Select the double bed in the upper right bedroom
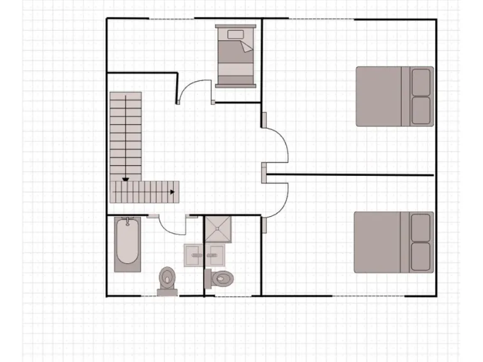point(394,96)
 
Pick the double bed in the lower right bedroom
point(393,242)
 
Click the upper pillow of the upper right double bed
point(421,82)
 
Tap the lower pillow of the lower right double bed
point(421,257)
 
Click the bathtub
point(128,244)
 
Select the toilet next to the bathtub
point(167,280)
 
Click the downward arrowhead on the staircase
point(126,179)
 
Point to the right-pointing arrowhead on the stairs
point(172,191)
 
